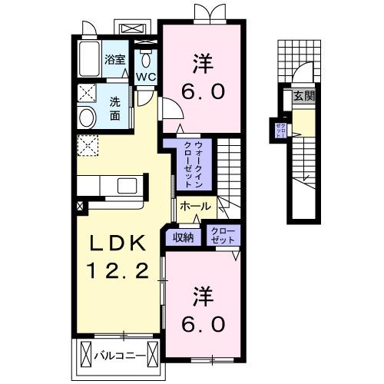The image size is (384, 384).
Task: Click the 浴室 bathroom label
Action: coord(115,58)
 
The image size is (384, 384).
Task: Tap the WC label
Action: coord(146,77)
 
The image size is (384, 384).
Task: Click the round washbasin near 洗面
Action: coord(87,118)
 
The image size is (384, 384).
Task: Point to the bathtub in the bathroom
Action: coord(91,58)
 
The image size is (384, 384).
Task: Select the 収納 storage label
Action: coord(182,237)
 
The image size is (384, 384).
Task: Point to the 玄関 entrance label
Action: coord(303,96)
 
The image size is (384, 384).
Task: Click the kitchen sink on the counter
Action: coord(124,185)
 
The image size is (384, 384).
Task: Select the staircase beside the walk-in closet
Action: coord(227,165)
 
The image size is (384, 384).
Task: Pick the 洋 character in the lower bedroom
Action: coord(202,294)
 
